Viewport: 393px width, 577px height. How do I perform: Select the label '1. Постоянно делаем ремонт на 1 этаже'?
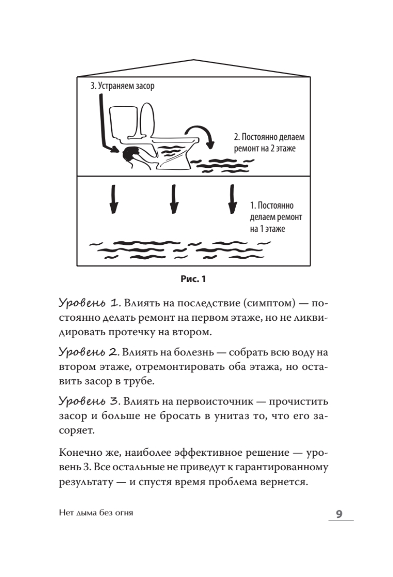(x=276, y=217)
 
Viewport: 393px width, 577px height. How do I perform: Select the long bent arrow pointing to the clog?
(x=102, y=125)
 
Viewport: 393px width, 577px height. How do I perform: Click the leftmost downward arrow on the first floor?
(x=114, y=200)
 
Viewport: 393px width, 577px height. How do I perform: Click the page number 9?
(x=338, y=514)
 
